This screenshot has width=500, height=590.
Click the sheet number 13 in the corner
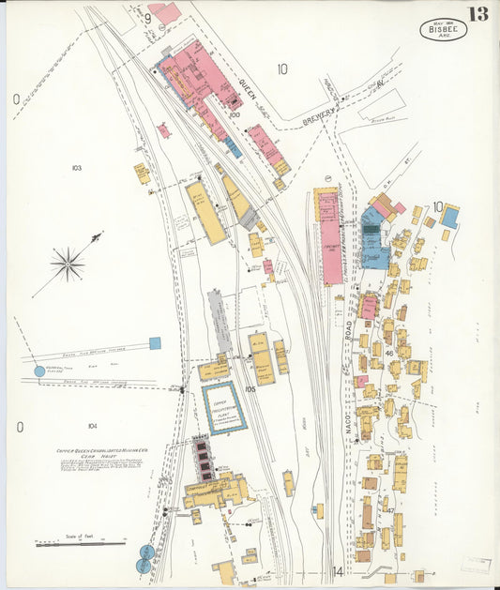tap(478, 14)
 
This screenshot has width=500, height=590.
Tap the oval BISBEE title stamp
tap(442, 29)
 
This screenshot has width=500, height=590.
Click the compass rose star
tap(68, 264)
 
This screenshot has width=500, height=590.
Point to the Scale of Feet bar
tap(79, 541)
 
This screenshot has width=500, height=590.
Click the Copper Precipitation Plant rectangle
tap(224, 407)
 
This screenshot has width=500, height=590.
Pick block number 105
tap(250, 388)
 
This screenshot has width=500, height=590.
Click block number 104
tap(92, 426)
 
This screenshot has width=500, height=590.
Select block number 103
tap(76, 168)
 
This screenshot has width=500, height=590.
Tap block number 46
tap(387, 354)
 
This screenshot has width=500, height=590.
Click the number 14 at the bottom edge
tap(337, 571)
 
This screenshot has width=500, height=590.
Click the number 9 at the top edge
tap(148, 17)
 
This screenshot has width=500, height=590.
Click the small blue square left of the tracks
tap(155, 343)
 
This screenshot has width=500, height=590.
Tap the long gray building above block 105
tap(220, 321)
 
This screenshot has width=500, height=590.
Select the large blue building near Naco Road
tap(374, 237)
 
